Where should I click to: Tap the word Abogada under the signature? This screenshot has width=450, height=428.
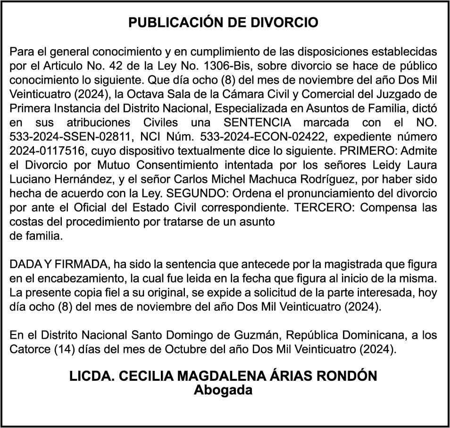(223, 391)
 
